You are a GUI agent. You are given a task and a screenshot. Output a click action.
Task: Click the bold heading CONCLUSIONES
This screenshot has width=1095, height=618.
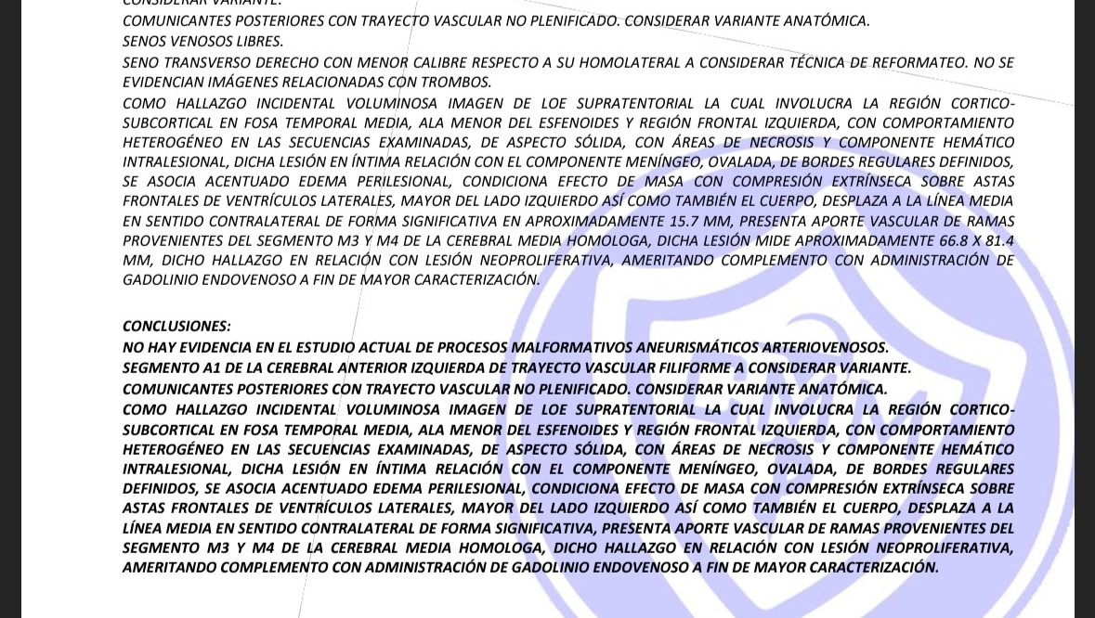[176, 326]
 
